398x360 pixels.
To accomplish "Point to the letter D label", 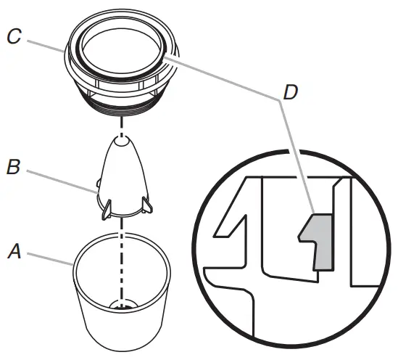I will click(x=290, y=93).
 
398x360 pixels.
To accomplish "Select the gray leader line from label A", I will click(x=51, y=258).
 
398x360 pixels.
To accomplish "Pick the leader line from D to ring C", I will click(x=225, y=77).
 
